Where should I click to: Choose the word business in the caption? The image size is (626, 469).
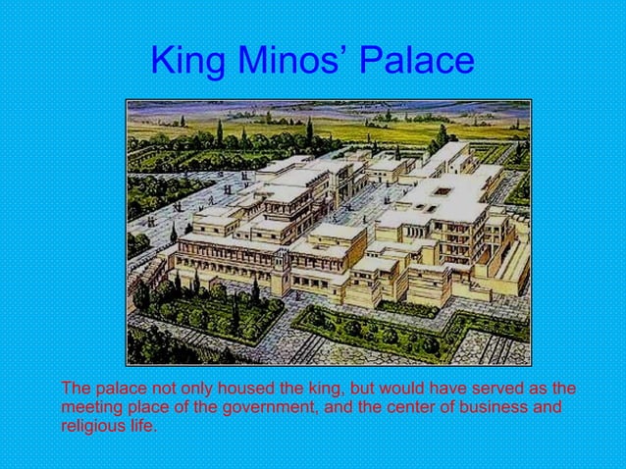[x=494, y=406]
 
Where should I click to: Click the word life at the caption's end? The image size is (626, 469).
[x=141, y=425]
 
